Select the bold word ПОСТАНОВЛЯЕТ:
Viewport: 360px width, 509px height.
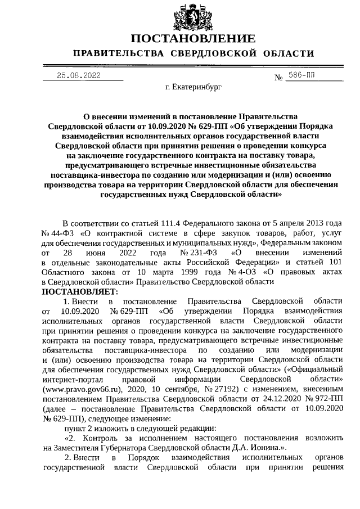[x=79, y=292]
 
